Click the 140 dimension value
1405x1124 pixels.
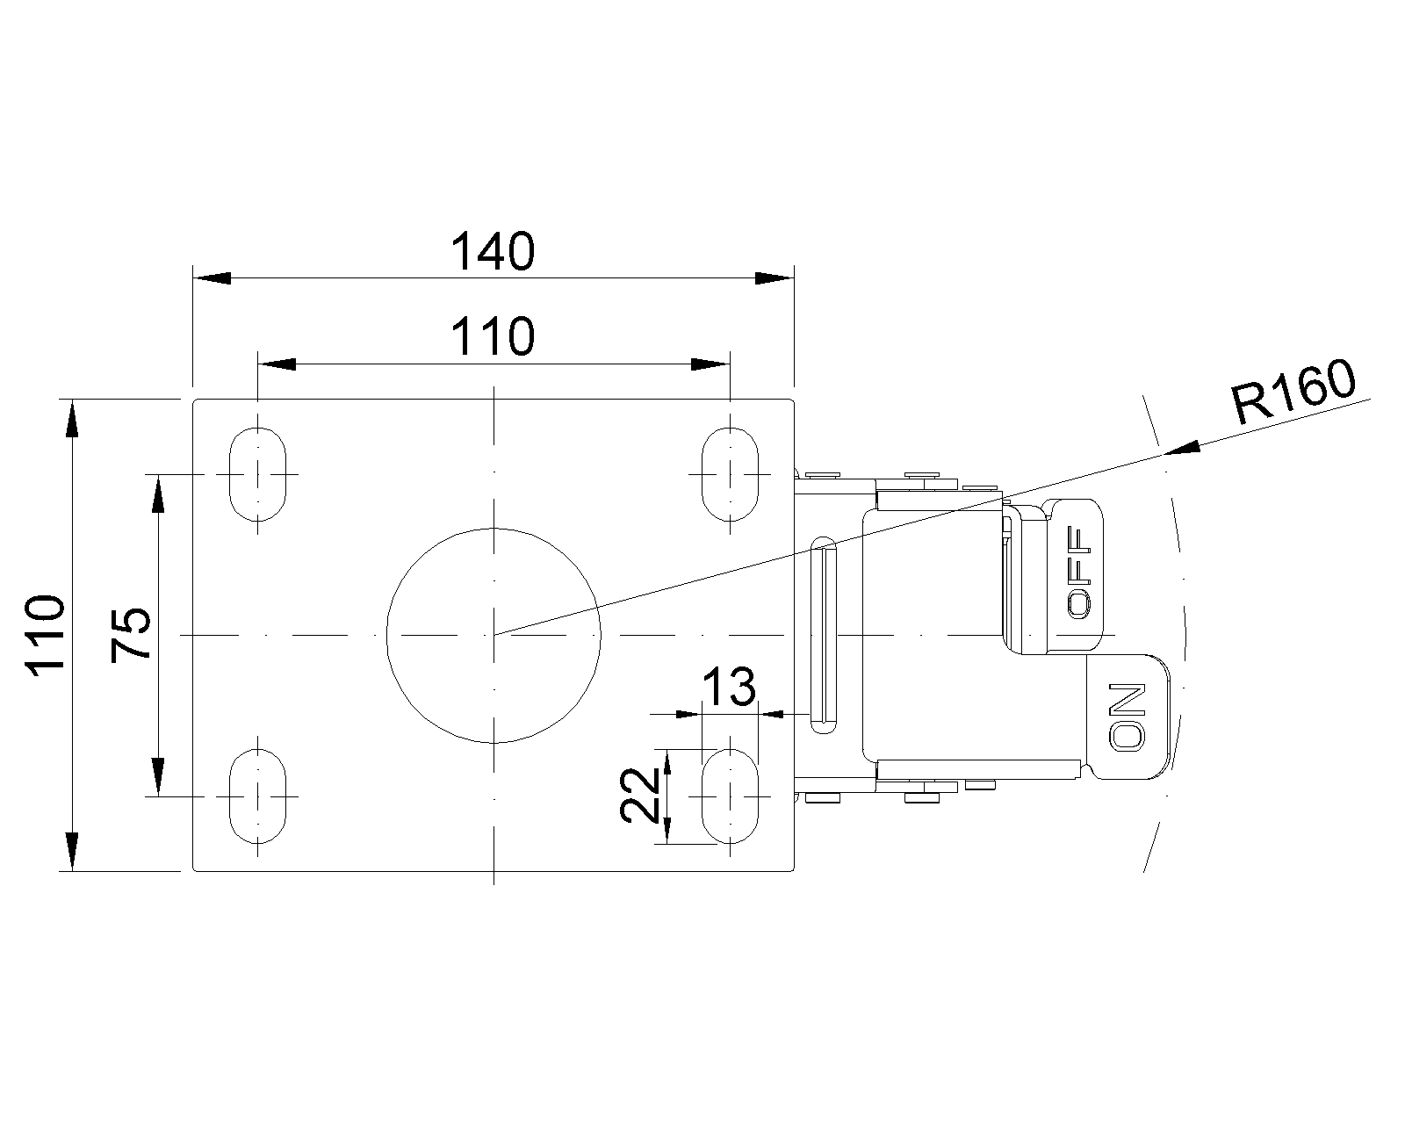[493, 251]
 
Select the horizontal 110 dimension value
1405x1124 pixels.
[493, 337]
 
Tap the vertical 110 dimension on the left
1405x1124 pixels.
[45, 632]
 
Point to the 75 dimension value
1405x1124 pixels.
[131, 636]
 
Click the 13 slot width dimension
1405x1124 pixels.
[729, 687]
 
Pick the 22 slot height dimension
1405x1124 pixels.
[639, 795]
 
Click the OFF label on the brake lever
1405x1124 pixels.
[1078, 573]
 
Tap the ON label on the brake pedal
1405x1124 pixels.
[1127, 717]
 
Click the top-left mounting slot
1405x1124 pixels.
[258, 475]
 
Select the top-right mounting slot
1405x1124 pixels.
[730, 475]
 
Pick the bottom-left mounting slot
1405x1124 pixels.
[258, 796]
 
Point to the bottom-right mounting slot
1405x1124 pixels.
[730, 796]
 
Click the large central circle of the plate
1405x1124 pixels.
[494, 636]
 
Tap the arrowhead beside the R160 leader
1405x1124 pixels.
[1182, 447]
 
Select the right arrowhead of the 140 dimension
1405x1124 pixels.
[775, 278]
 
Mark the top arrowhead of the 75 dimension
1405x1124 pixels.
[158, 494]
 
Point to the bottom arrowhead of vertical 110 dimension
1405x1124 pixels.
[72, 852]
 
